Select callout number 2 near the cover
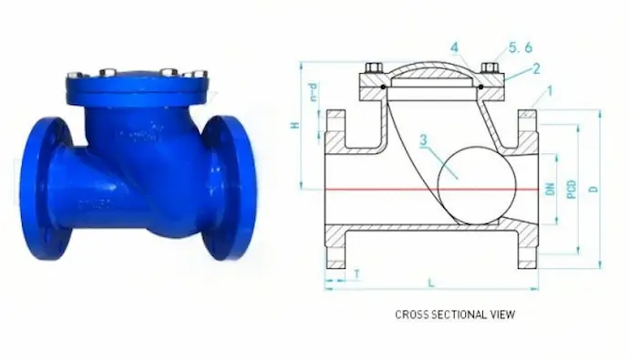(537, 68)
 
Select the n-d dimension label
(312, 90)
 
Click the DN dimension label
(550, 189)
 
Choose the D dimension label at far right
(594, 189)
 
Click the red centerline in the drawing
(383, 190)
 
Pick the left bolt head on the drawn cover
(375, 68)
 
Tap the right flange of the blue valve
(227, 186)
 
